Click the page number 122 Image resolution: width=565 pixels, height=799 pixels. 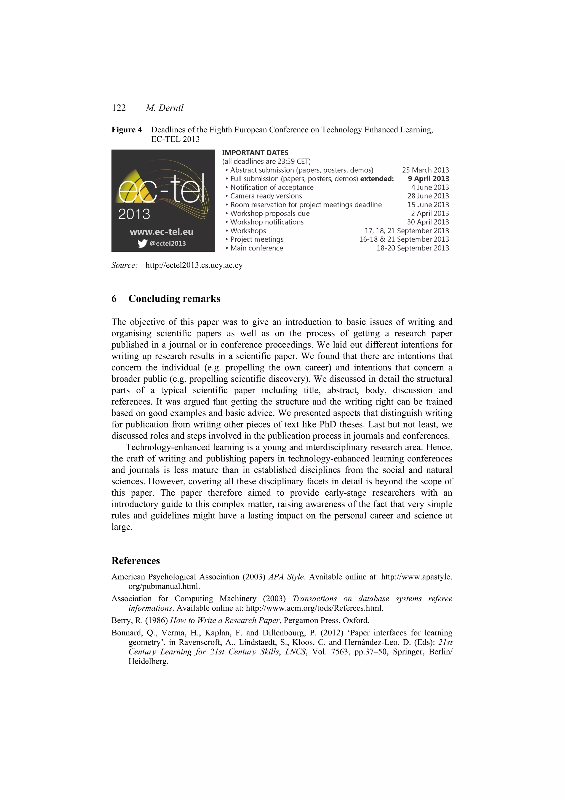tap(119, 108)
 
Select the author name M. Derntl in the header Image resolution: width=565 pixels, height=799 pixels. tap(164, 108)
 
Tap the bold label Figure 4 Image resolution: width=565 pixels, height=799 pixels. tap(126, 130)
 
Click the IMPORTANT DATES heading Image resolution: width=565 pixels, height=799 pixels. tap(255, 153)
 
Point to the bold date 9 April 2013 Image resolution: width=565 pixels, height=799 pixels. tap(428, 178)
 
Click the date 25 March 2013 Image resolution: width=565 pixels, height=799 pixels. tap(425, 170)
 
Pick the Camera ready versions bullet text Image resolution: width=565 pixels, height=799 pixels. tap(266, 196)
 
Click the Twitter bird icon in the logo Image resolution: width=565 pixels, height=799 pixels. tap(142, 244)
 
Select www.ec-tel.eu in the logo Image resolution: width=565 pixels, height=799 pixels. tap(162, 232)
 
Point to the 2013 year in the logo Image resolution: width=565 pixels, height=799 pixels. tap(134, 214)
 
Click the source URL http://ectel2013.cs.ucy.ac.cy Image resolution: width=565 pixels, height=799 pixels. tap(194, 265)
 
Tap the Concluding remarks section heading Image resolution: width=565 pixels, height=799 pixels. tap(174, 299)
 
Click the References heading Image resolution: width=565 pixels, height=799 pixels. tap(135, 561)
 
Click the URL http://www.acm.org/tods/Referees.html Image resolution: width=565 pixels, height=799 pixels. tap(314, 608)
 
